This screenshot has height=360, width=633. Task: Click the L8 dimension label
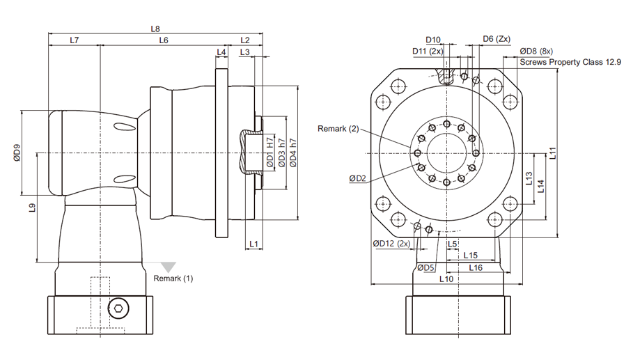coord(155,29)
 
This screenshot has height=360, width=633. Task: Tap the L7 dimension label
coord(75,40)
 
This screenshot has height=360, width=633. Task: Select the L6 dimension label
coord(164,40)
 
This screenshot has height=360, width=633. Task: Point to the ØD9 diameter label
coord(17,153)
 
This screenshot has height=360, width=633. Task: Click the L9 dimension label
coord(32,208)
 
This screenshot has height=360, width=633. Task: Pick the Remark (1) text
coord(173,279)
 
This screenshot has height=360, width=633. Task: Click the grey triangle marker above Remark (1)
coord(169,267)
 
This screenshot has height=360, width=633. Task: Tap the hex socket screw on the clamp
coord(118,308)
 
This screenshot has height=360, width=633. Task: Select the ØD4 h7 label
coord(293,153)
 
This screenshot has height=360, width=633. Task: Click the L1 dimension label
coord(253,244)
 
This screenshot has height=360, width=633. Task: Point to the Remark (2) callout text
coord(338,129)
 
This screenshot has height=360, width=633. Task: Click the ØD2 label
coord(357,178)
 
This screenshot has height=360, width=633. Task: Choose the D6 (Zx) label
coord(497,39)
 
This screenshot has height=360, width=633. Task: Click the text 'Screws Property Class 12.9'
coord(570,62)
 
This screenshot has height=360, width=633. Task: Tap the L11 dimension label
coord(553,153)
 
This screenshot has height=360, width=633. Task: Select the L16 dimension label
coord(476,268)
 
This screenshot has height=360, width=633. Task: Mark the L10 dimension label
coord(446,279)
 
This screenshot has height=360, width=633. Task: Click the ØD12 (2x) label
coord(391,244)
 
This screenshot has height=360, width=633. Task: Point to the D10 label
coord(433,40)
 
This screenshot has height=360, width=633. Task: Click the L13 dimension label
coord(529,178)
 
